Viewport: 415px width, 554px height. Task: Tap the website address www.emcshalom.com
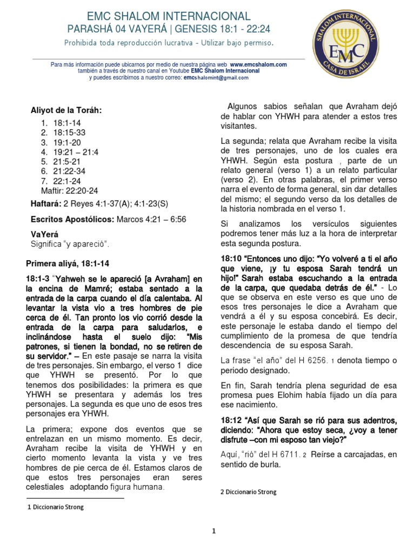pos(262,64)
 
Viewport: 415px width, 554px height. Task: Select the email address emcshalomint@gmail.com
pos(216,77)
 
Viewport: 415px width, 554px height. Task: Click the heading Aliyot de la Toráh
pos(66,110)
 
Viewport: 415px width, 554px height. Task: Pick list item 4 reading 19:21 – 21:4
pos(70,153)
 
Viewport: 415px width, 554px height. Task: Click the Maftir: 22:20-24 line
pos(70,190)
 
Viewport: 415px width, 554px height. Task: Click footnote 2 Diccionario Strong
pos(248,492)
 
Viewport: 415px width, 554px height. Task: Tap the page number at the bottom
pos(213,531)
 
